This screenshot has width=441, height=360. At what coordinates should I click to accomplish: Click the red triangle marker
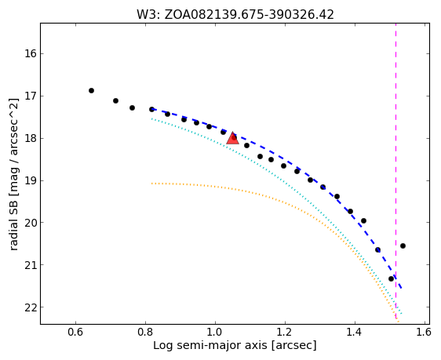point(232,138)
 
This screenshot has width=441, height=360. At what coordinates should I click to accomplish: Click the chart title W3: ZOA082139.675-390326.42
point(235,14)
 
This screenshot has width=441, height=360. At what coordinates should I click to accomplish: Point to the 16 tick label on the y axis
point(30,53)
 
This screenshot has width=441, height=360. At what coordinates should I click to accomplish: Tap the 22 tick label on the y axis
point(30,307)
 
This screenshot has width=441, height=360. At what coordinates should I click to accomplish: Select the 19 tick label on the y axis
point(30,180)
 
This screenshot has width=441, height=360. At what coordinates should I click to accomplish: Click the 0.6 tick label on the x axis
point(75,333)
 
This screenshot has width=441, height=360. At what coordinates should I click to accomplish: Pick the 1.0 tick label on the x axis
point(215,333)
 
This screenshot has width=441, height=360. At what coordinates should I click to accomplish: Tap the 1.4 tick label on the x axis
point(355,333)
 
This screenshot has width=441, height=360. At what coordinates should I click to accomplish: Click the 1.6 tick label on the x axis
point(423,333)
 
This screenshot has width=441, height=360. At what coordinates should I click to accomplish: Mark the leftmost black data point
point(91,90)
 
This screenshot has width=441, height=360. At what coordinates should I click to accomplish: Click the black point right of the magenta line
point(403,246)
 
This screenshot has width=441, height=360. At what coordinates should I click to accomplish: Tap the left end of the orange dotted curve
point(152,184)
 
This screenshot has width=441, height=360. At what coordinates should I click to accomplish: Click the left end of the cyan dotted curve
point(152,119)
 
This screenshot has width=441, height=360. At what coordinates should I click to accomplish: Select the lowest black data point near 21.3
point(391,278)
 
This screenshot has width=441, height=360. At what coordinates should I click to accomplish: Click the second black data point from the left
point(115,100)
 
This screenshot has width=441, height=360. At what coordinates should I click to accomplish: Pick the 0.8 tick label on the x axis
point(145,333)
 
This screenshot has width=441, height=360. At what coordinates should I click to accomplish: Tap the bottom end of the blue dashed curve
point(402,289)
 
